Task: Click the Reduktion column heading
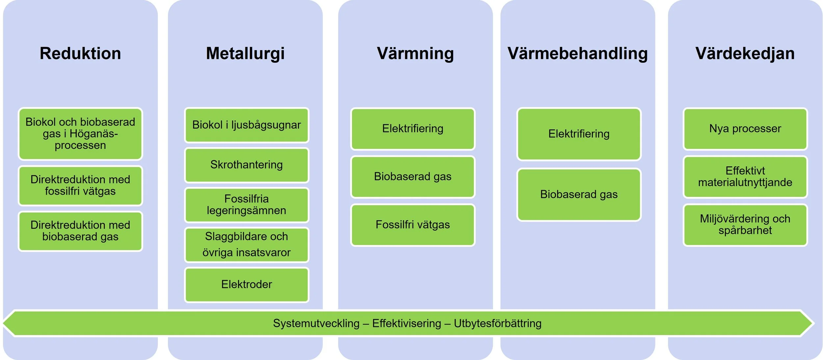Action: click(80, 54)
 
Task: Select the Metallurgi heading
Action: click(245, 54)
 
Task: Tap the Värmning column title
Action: click(415, 54)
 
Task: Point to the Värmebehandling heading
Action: click(577, 54)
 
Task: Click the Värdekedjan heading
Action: click(745, 54)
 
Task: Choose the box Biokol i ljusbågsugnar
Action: click(247, 125)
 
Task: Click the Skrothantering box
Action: click(247, 165)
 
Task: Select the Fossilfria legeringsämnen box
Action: click(247, 205)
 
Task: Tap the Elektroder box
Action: click(247, 284)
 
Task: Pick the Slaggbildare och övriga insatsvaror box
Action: click(247, 244)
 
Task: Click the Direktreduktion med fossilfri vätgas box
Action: click(80, 185)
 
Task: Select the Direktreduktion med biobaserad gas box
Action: click(80, 231)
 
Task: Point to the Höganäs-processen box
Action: click(80, 134)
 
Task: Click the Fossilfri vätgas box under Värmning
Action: click(412, 225)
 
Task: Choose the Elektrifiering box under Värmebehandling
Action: click(579, 134)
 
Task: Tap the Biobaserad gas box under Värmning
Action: click(412, 177)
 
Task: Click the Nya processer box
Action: click(745, 128)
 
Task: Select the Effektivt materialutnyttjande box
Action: click(745, 177)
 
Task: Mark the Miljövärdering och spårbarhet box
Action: click(745, 225)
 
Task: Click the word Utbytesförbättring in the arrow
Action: click(497, 323)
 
